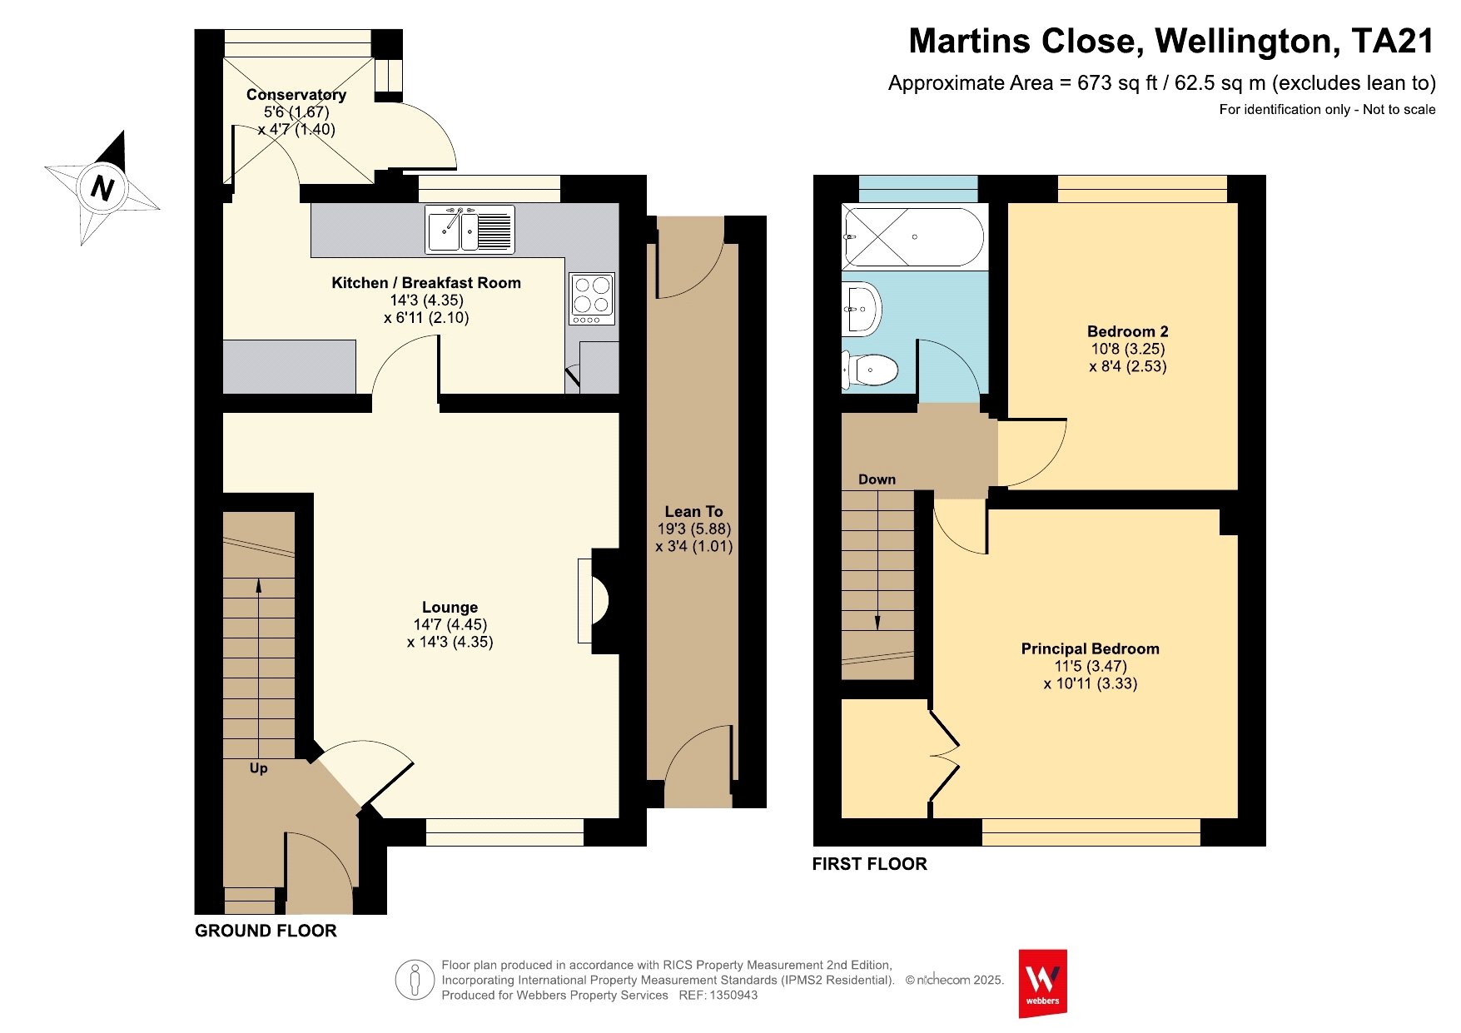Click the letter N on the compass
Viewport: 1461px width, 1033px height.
[x=102, y=188]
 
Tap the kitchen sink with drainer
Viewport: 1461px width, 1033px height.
[x=470, y=229]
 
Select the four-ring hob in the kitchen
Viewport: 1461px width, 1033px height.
[x=592, y=299]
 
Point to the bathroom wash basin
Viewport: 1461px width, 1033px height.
[x=862, y=309]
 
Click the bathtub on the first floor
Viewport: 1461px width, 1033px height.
[x=914, y=236]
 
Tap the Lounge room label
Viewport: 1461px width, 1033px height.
[x=450, y=608]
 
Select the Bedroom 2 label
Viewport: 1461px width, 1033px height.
[x=1128, y=331]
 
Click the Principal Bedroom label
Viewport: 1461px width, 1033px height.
[x=1091, y=648]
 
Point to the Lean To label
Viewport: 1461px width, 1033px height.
[x=693, y=512]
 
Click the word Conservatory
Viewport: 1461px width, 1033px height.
[x=296, y=95]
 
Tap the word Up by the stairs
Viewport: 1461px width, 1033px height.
[x=259, y=768]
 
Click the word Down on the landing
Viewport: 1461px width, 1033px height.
[x=877, y=479]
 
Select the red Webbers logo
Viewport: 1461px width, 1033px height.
[x=1043, y=984]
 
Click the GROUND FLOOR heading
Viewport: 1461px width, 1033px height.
[x=266, y=931]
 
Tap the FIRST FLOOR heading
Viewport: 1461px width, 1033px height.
[x=870, y=864]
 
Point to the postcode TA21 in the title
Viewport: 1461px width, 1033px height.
[x=1393, y=42]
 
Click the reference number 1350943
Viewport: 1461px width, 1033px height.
[x=733, y=995]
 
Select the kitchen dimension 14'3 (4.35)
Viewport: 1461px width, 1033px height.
[x=427, y=300]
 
